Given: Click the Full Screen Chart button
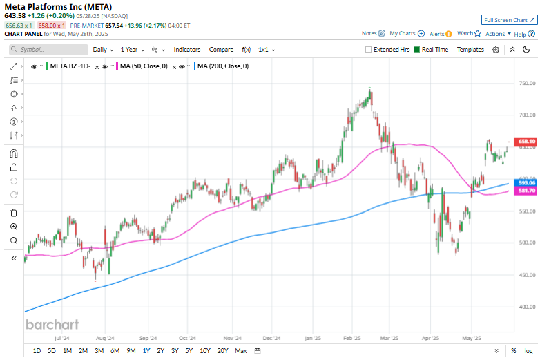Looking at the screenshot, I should pos(508,21).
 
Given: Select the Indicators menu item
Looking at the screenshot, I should pos(186,50).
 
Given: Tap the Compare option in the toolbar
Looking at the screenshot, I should pos(221,50).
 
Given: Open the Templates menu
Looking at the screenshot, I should pos(470,50).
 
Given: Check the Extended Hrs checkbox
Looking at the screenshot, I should pos(368,50).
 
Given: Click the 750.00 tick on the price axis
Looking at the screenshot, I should pos(527,84).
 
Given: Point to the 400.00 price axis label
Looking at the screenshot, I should pos(527,307).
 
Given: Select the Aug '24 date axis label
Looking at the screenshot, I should pos(104,339).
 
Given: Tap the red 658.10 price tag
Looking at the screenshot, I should pos(527,142).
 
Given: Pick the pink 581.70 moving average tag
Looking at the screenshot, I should pos(527,191).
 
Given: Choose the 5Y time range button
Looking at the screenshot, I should pos(189,351).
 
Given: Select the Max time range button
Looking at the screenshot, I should pos(240,351).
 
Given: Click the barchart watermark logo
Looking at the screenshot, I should pos(52,324).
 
